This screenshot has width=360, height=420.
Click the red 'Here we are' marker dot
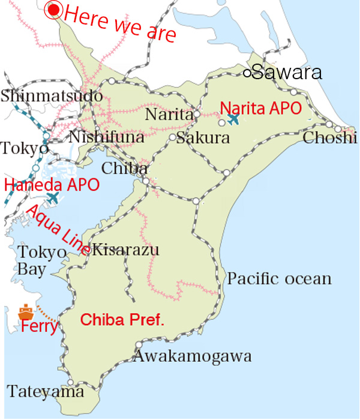[55, 10]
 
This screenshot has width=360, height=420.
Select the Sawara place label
[287, 73]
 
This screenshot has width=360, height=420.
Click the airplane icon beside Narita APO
[233, 119]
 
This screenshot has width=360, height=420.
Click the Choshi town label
[331, 138]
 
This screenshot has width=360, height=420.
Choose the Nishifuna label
[106, 137]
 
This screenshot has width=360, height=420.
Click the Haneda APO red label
[52, 184]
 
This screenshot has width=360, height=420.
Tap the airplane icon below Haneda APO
[53, 197]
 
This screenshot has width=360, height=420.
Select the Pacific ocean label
[279, 278]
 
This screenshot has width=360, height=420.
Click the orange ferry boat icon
[26, 312]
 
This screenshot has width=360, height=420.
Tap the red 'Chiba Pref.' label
[122, 320]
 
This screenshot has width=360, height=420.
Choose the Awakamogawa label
[192, 356]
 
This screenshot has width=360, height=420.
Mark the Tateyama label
[46, 392]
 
